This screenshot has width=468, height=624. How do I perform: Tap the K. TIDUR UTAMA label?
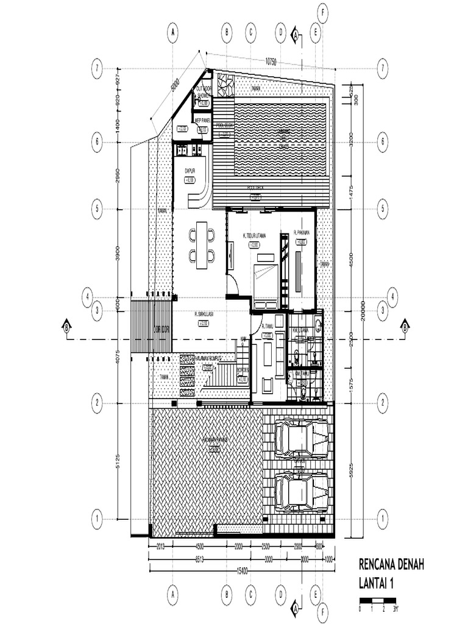coord(253,236)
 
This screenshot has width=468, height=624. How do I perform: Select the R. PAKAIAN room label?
coord(302,232)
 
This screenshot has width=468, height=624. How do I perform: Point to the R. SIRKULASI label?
coord(203,314)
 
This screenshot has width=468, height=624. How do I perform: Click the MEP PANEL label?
coord(202,121)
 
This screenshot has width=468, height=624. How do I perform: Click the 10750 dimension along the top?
coord(271,62)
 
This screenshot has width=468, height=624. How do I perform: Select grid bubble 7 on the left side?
coord(97,67)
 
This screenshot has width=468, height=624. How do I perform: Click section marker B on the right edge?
coord(404,327)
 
